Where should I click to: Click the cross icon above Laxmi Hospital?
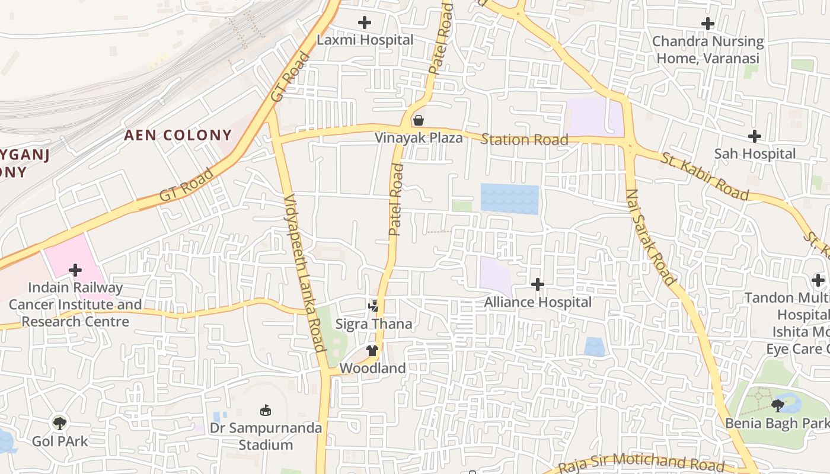pyautogui.click(x=365, y=23)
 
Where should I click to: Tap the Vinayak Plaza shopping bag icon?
pyautogui.click(x=419, y=120)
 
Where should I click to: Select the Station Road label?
pyautogui.click(x=524, y=140)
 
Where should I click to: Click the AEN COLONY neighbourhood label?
pyautogui.click(x=178, y=135)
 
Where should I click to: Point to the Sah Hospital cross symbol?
pyautogui.click(x=754, y=137)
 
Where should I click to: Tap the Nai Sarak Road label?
pyautogui.click(x=650, y=237)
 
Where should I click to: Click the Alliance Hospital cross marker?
pyautogui.click(x=538, y=285)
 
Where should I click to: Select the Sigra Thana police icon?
pyautogui.click(x=373, y=307)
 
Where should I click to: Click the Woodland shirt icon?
pyautogui.click(x=372, y=351)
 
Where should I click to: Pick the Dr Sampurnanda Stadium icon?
pyautogui.click(x=266, y=410)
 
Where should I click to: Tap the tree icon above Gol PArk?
pyautogui.click(x=59, y=423)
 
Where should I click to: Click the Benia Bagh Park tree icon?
pyautogui.click(x=778, y=405)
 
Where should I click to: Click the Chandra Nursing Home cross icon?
pyautogui.click(x=707, y=24)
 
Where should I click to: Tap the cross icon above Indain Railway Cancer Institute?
pyautogui.click(x=75, y=271)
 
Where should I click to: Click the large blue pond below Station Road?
pyautogui.click(x=509, y=199)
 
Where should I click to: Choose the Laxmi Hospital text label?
pyautogui.click(x=365, y=40)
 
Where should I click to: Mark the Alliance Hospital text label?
pyautogui.click(x=538, y=302)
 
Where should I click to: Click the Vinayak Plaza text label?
pyautogui.click(x=419, y=138)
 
